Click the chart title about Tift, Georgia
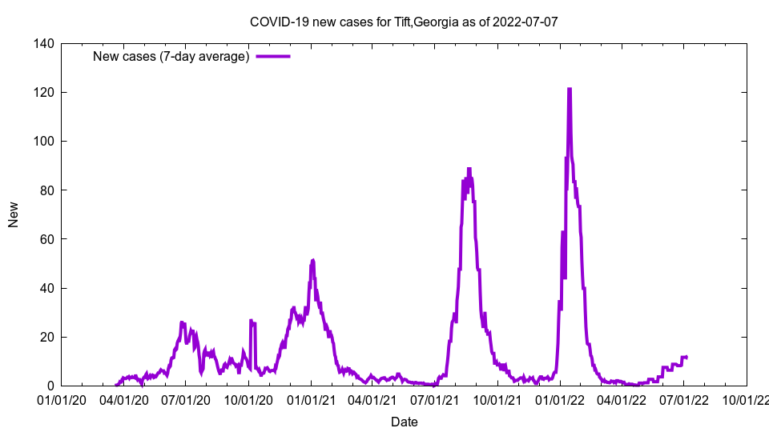pyautogui.click(x=404, y=22)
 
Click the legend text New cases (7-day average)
pyautogui.click(x=171, y=56)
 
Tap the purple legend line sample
pyautogui.click(x=273, y=56)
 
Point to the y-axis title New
pyautogui.click(x=14, y=214)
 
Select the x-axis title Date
pyautogui.click(x=404, y=422)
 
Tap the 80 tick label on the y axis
pyautogui.click(x=47, y=190)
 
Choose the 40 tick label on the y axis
pyautogui.click(x=47, y=288)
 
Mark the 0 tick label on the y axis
pyautogui.click(x=50, y=386)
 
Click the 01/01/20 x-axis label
pyautogui.click(x=61, y=399)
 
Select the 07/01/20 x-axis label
pyautogui.click(x=185, y=399)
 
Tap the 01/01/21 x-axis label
pyautogui.click(x=311, y=399)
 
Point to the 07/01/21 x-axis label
pyautogui.click(x=435, y=399)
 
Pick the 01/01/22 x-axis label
pyautogui.click(x=560, y=399)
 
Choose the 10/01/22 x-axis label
pyautogui.click(x=746, y=399)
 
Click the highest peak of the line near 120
pyautogui.click(x=570, y=90)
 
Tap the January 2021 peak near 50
pyautogui.click(x=312, y=260)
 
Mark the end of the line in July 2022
pyautogui.click(x=686, y=357)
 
